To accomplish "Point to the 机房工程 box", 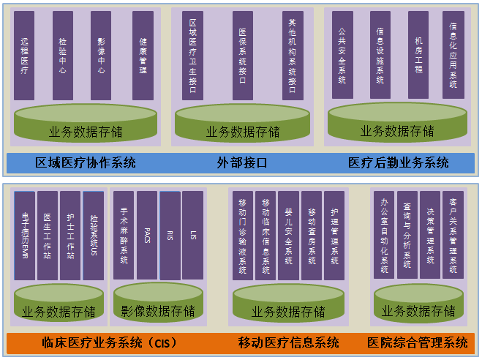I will tap(418, 55).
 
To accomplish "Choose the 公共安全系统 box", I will tap(342, 55).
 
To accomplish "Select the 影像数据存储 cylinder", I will tap(158, 306).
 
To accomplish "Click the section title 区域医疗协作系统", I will tap(86, 162).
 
